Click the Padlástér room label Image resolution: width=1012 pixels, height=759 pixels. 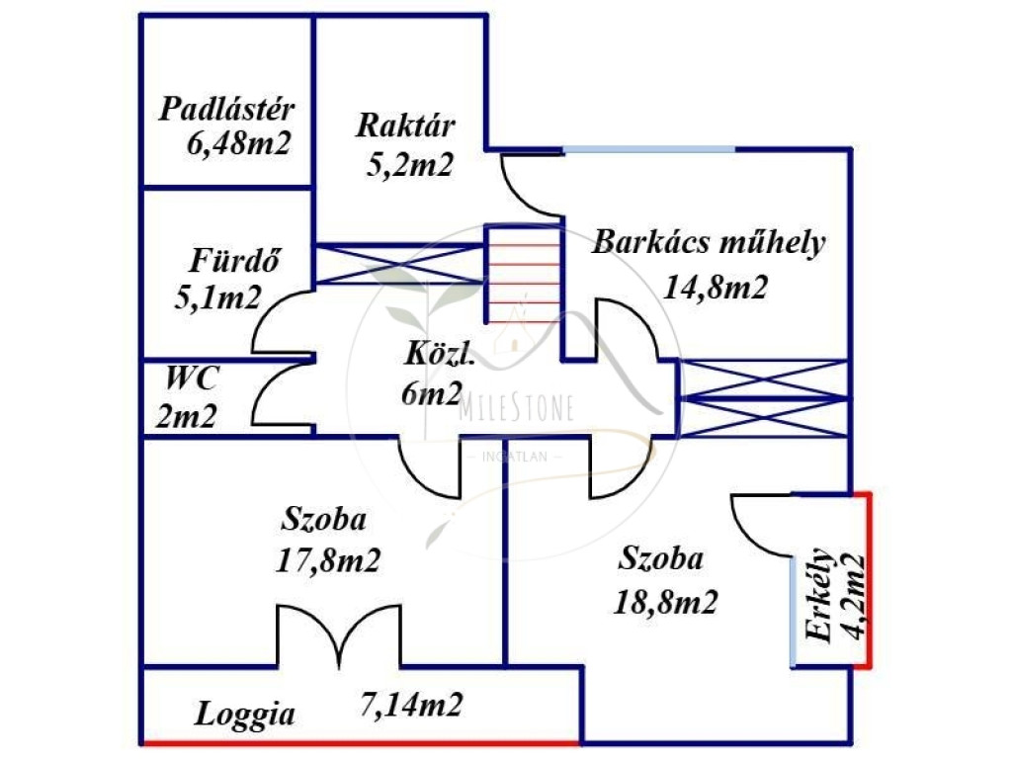point(227,108)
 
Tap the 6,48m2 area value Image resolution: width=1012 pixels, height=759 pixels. point(238,144)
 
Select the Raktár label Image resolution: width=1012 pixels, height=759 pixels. point(405,126)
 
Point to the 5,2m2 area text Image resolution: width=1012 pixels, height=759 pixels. point(409,164)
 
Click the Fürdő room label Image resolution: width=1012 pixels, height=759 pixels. point(234,262)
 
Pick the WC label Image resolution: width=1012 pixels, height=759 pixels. point(193,378)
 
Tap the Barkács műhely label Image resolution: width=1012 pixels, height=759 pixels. point(708,243)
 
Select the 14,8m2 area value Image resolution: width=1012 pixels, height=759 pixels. point(716,287)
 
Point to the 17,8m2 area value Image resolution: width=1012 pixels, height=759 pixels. point(329,560)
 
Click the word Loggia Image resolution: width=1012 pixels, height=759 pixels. point(244,714)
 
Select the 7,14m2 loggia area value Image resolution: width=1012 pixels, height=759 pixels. point(411,706)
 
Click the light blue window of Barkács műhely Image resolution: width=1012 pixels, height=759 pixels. point(648,149)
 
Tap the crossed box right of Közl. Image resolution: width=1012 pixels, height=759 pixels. point(764,397)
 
